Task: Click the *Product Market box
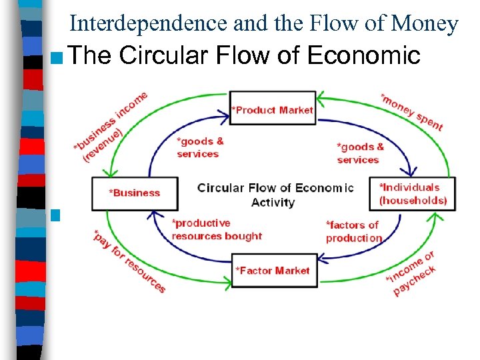[x=272, y=108]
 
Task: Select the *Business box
[x=135, y=193]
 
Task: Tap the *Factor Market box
[x=272, y=270]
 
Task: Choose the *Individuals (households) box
[x=413, y=193]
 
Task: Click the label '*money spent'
[x=411, y=112]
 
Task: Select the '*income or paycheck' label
[x=411, y=274]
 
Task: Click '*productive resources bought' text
[x=216, y=229]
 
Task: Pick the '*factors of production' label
[x=353, y=231]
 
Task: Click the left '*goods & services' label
[x=199, y=147]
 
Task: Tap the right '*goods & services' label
[x=360, y=153]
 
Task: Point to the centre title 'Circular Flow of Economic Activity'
[x=275, y=194]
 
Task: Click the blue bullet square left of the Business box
[x=55, y=215]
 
